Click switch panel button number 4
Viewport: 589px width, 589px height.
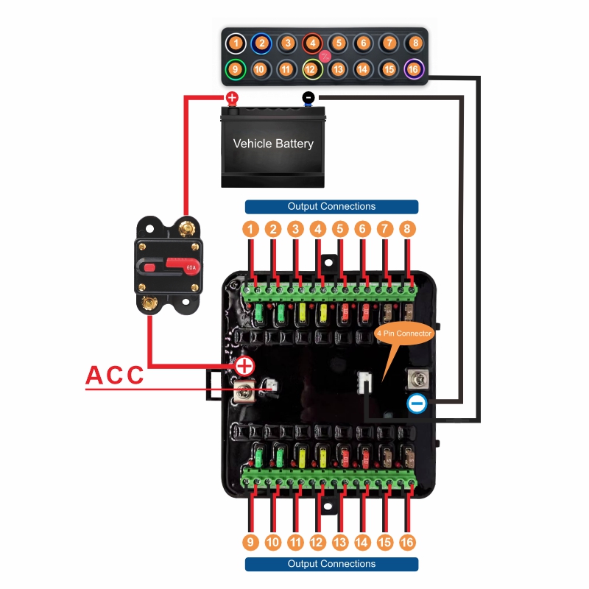tap(312, 43)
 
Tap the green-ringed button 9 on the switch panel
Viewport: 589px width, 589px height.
tap(235, 69)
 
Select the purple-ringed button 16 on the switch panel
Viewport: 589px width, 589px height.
tap(414, 69)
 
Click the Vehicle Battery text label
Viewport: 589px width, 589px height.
tap(273, 144)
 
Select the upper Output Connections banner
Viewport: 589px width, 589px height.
tap(331, 207)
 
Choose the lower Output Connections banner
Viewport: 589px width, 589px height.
tap(331, 564)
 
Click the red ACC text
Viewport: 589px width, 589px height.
tap(116, 374)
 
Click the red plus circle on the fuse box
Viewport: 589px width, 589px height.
tap(244, 365)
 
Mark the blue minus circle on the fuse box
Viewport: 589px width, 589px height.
tap(416, 403)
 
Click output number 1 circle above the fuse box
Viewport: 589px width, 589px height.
tap(251, 229)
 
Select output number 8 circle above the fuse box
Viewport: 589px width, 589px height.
tap(407, 229)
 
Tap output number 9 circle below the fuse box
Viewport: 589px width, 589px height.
tap(250, 542)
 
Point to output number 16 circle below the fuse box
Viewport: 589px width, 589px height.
tap(407, 542)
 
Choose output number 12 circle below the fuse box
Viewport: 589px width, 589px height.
tap(317, 542)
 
